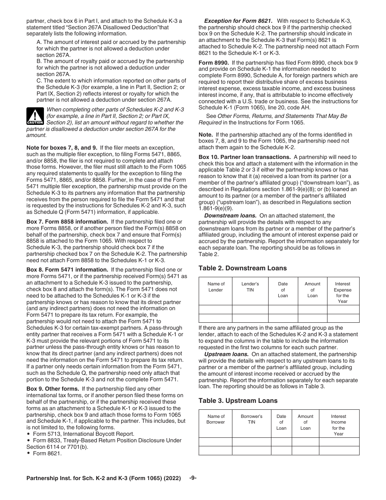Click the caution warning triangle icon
coord(35,116)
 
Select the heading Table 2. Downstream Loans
coord(242,268)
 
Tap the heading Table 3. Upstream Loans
coord(238,400)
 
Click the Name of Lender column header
coord(216,287)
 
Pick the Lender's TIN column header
coord(250,287)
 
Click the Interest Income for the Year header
coord(338,425)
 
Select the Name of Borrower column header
coord(216,419)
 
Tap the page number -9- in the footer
coord(193,478)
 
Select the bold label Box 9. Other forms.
coord(53,389)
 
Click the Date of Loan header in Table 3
coord(281,422)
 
